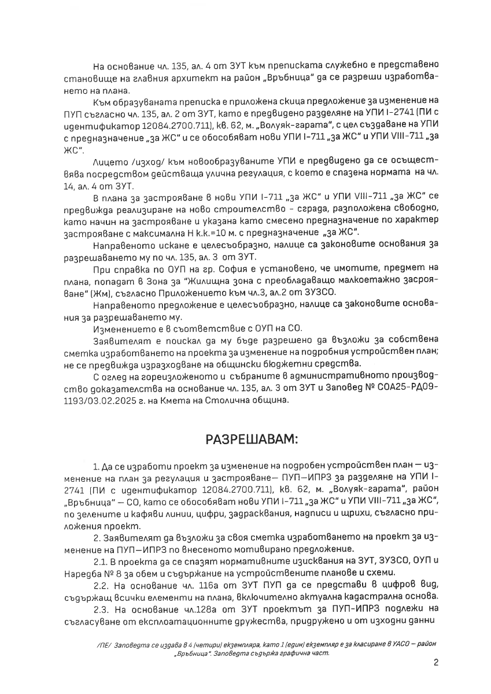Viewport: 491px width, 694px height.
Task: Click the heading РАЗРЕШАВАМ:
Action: coord(252,440)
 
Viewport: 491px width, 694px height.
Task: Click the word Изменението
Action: coord(118,328)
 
